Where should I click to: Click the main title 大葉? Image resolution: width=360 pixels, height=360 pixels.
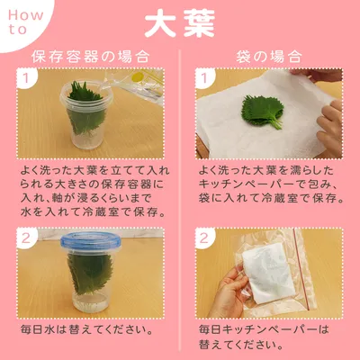[x=180, y=24]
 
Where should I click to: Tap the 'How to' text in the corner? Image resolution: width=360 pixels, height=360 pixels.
[x=25, y=22]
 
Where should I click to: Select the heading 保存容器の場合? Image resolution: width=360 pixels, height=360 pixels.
[x=90, y=57]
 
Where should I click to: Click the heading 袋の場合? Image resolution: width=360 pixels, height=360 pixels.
[x=269, y=57]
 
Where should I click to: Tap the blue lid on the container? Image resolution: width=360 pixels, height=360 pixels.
[x=91, y=241]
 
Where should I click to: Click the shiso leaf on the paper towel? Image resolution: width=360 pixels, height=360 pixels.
[x=263, y=111]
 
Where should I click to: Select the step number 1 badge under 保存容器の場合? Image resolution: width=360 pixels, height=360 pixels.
[x=26, y=78]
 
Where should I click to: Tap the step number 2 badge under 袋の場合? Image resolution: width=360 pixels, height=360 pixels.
[x=204, y=238]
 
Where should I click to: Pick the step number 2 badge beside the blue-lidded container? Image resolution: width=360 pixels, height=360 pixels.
[x=26, y=238]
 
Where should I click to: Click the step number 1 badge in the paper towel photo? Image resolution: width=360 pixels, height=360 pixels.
[x=204, y=78]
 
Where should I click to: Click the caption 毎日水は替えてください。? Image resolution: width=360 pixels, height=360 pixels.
[x=86, y=329]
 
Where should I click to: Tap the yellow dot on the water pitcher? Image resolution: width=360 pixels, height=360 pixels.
[x=139, y=76]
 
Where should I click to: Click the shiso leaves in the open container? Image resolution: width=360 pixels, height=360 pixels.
[x=85, y=108]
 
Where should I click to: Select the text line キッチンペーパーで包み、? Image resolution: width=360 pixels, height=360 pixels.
[x=269, y=184]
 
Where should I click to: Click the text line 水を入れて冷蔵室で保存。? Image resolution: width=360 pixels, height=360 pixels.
[x=94, y=212]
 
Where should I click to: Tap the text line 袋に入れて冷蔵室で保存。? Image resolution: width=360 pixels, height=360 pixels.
[x=271, y=198]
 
